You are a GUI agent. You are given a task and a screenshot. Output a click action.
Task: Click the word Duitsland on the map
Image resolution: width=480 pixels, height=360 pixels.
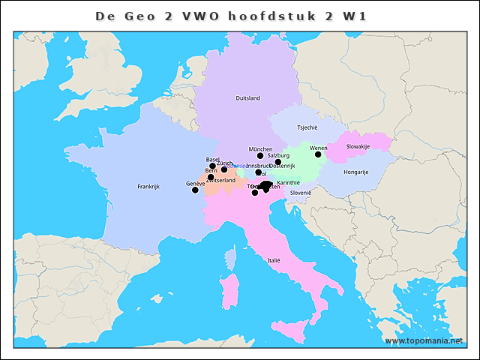(x=247, y=98)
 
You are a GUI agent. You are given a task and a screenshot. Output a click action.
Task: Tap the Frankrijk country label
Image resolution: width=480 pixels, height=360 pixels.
(x=149, y=186)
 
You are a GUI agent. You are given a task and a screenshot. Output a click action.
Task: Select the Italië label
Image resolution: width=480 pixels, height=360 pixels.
(x=274, y=260)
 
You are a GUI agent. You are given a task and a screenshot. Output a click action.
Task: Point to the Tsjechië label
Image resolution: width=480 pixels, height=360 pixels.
(x=307, y=127)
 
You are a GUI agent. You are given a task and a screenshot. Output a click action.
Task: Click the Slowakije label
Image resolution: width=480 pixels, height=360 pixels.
(x=358, y=146)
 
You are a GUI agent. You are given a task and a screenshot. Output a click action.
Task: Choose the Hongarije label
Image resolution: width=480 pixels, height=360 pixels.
(x=355, y=172)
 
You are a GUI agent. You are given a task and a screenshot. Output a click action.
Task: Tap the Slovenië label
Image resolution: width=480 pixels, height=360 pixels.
(x=301, y=192)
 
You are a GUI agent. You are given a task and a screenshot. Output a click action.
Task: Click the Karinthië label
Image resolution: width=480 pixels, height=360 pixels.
(x=288, y=182)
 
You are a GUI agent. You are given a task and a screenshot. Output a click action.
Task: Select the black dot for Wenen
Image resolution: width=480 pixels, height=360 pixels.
(x=318, y=154)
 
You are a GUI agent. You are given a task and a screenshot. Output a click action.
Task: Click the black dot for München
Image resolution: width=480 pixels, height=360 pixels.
(x=260, y=156)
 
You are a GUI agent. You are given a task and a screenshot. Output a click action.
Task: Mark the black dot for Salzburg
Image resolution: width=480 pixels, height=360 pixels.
(x=277, y=162)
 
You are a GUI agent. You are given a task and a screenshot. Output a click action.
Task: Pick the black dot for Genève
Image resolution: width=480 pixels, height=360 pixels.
(x=195, y=190)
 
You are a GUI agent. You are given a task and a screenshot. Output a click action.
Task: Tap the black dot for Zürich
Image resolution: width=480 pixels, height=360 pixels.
(x=224, y=169)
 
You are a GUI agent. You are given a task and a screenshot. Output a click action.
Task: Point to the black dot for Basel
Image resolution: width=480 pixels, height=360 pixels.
(x=212, y=166)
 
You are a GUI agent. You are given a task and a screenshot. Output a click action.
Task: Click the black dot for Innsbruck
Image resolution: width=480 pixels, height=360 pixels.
(x=258, y=172)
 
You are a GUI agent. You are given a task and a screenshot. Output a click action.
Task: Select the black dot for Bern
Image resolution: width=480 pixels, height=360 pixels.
(x=211, y=177)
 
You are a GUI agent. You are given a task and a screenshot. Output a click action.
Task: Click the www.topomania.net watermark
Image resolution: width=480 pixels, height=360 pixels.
(x=424, y=341)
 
